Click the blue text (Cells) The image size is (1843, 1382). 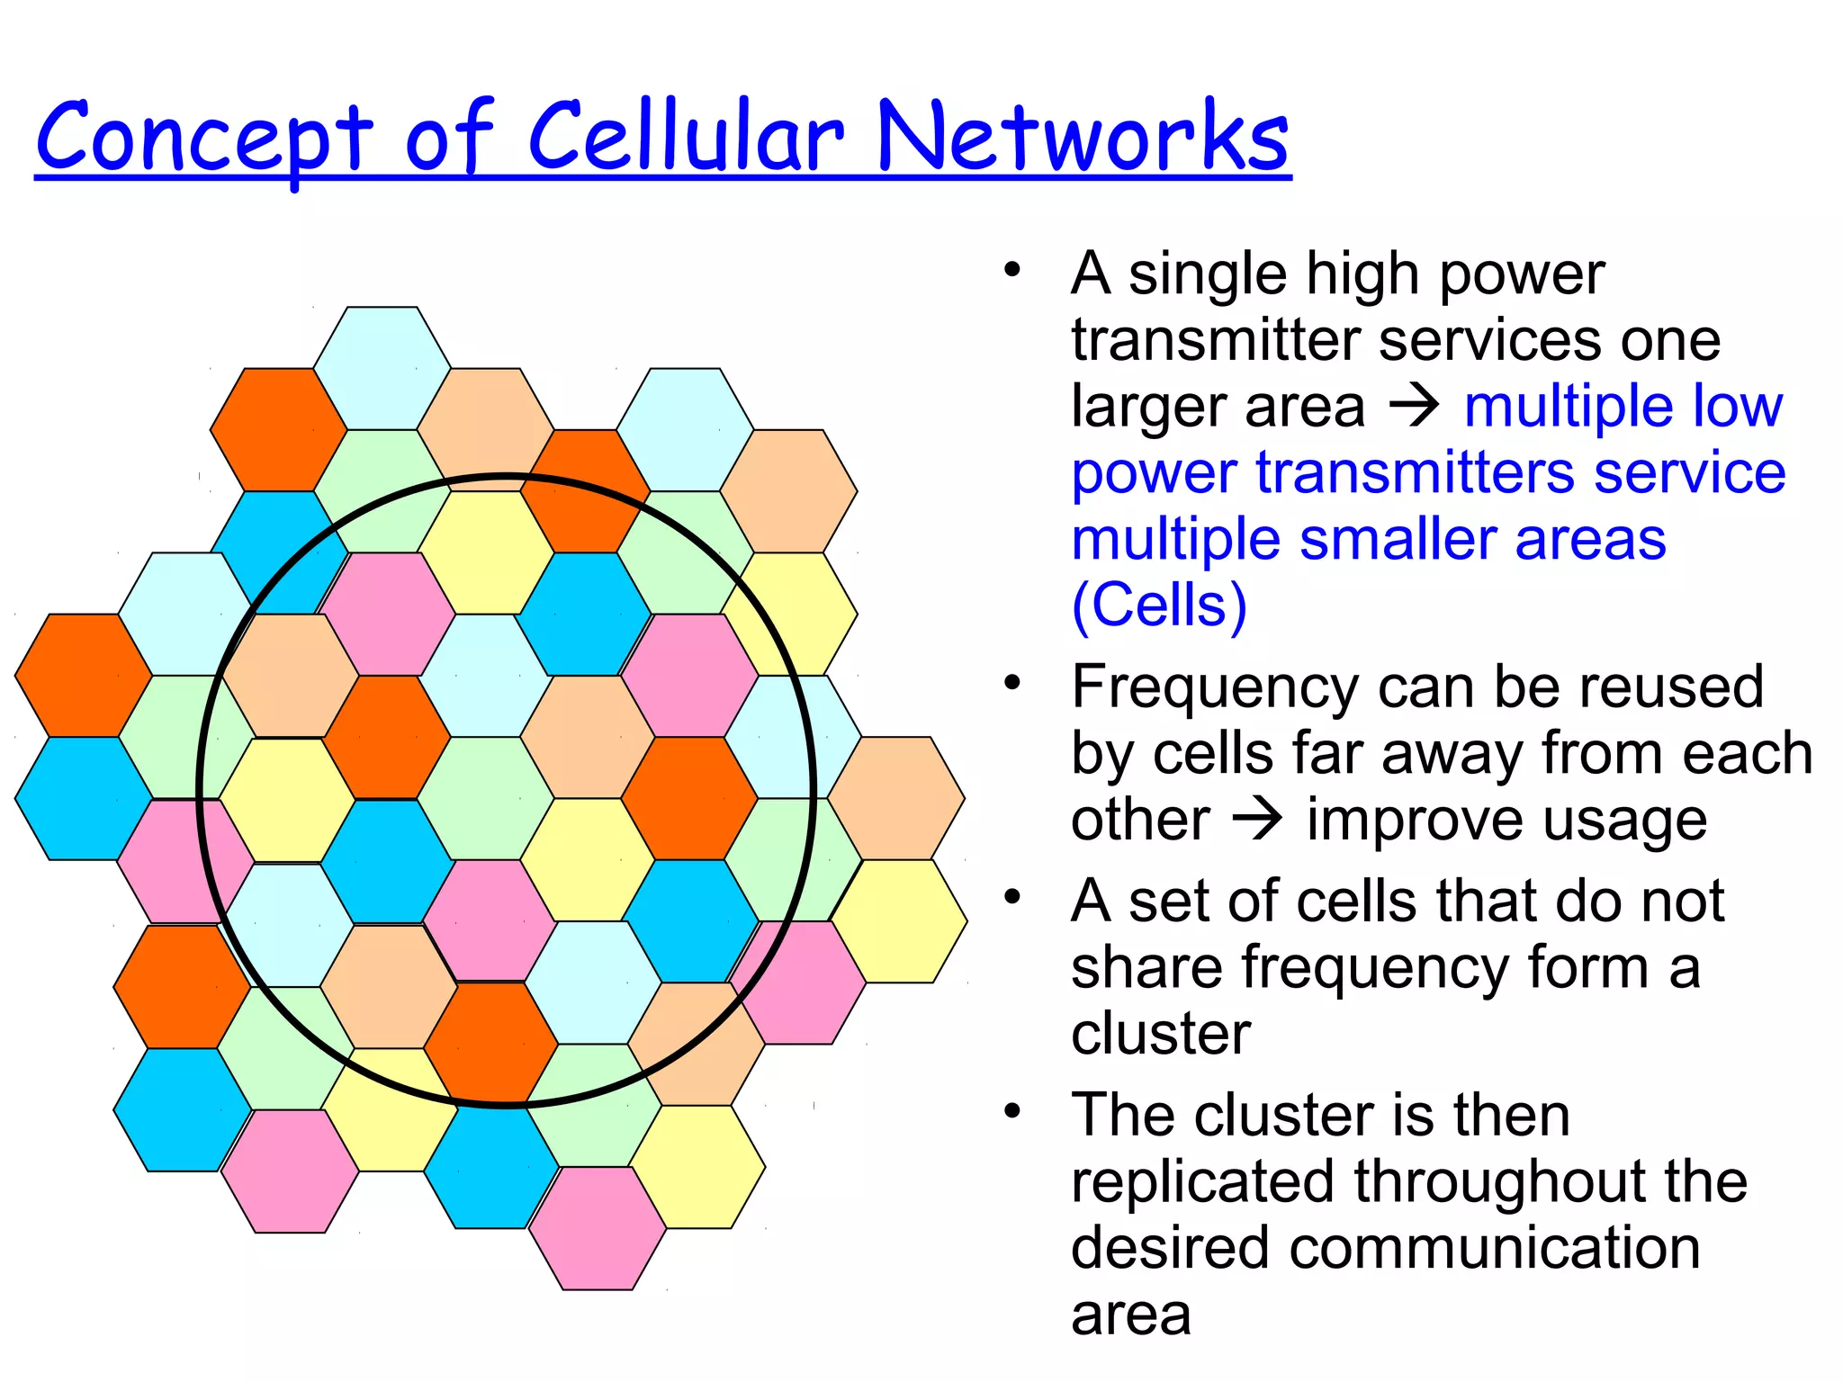click(1159, 605)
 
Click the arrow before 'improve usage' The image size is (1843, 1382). click(1257, 820)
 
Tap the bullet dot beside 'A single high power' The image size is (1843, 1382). click(1013, 269)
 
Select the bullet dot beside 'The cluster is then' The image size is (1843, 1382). click(1013, 1111)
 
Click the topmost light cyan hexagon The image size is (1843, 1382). click(382, 367)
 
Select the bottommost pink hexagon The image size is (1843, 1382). click(598, 1228)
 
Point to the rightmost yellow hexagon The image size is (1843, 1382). click(898, 920)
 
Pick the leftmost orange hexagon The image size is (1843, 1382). click(83, 675)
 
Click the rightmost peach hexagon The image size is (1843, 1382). click(896, 797)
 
